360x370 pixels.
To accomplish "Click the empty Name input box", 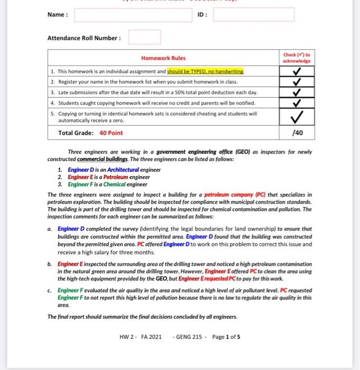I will coord(133,14).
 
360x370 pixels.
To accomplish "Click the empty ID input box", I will coord(253,14).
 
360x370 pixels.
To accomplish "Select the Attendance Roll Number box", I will coord(144,38).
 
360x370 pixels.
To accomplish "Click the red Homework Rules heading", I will coord(163,58).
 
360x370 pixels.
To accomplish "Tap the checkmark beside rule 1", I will coord(297,71).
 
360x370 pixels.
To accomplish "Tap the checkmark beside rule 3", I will coord(297,92).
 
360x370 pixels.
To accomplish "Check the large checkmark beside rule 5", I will coord(297,116).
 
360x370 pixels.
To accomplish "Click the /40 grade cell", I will coord(297,133).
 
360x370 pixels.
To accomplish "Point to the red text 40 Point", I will coord(111,133).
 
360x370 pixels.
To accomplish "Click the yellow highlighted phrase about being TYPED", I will coord(206,71).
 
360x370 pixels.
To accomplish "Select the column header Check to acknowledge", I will coord(297,58).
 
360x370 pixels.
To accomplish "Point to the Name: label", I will coord(58,15).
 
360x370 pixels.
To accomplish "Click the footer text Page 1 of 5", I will coord(226,336).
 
